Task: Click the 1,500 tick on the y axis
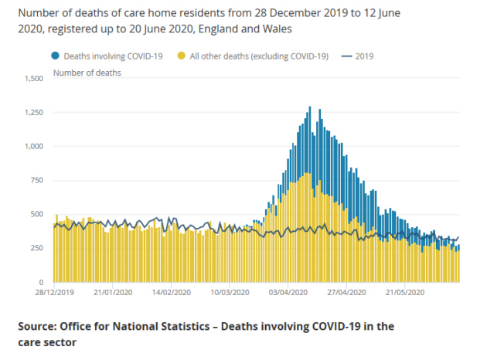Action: (x=34, y=79)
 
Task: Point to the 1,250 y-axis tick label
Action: (x=34, y=113)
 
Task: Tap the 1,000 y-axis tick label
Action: (x=34, y=147)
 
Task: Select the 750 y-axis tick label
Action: (x=37, y=181)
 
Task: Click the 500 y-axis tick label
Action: (x=37, y=215)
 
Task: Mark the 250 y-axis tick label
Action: (x=37, y=249)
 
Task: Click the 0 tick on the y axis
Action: (x=43, y=283)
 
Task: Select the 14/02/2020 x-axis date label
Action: (x=172, y=294)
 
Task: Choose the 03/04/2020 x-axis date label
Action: (x=290, y=294)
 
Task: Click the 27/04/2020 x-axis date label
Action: (x=349, y=294)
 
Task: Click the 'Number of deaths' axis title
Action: (x=87, y=73)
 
